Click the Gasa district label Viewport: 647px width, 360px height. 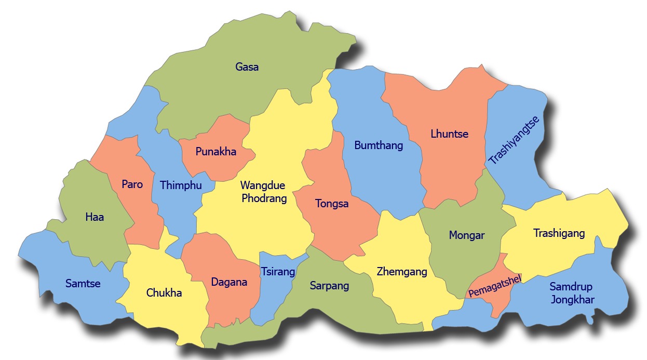(247, 67)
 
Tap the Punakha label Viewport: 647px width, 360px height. (216, 152)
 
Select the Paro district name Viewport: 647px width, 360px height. (132, 184)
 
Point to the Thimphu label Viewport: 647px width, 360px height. (181, 185)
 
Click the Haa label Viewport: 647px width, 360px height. (95, 217)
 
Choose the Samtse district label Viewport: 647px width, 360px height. (83, 284)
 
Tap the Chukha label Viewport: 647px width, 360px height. (164, 293)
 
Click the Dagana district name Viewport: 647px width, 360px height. (229, 283)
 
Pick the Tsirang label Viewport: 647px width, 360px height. (278, 272)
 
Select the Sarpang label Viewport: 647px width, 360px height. (329, 286)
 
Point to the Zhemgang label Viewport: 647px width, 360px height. (402, 272)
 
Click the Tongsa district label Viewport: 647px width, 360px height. (332, 204)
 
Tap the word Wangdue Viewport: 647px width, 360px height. (263, 185)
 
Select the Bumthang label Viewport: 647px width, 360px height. (379, 145)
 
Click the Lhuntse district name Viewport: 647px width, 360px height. (449, 134)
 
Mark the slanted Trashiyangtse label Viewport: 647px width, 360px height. (514, 140)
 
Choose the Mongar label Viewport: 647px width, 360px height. (466, 235)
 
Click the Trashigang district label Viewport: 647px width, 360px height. (559, 233)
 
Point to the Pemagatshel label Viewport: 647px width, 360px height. (494, 286)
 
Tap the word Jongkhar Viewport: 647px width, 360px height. (573, 300)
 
